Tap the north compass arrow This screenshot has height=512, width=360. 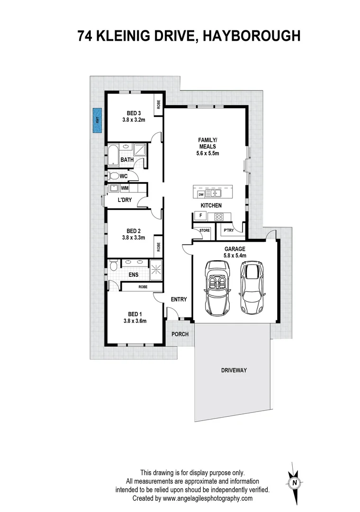295,482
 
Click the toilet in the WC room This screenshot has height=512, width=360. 114,176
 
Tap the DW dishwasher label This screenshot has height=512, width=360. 201,194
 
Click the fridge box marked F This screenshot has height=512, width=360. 200,216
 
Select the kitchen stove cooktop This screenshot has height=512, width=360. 219,217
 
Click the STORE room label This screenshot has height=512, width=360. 204,231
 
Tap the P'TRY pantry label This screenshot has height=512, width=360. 229,231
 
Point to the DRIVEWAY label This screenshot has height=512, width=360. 234,370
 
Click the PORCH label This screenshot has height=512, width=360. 180,334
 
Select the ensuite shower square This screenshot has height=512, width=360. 155,268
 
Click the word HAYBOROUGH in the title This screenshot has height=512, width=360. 252,36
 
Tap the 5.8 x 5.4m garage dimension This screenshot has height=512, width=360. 235,256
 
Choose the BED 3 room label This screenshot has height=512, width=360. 134,113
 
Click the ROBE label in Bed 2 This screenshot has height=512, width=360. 158,247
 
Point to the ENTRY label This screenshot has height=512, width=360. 179,299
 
